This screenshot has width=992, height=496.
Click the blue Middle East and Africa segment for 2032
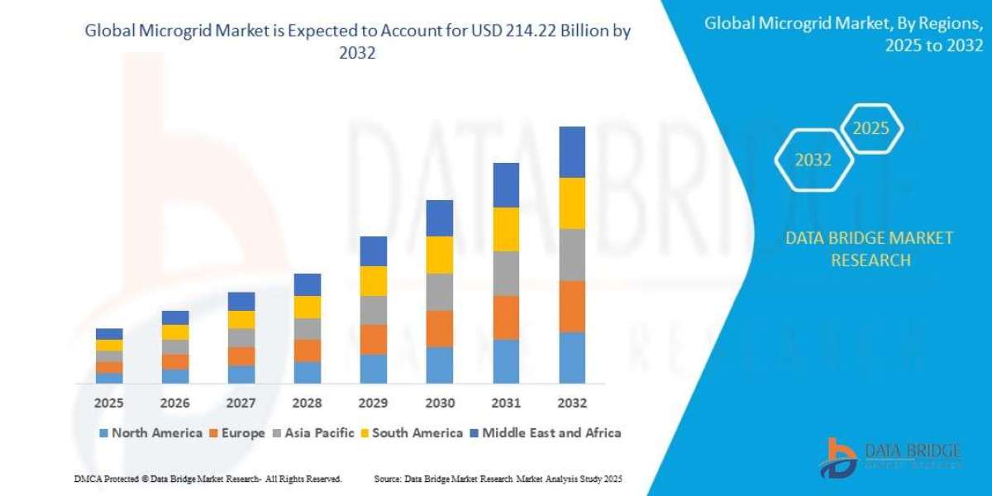pos(572,152)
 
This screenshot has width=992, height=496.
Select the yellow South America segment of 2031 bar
pos(506,229)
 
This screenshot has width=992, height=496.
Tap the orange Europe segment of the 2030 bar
pos(440,328)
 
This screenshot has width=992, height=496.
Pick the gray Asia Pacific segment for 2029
pos(374,310)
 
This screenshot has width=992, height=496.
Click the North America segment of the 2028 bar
pos(308,372)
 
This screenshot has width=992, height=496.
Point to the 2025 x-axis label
pos(109,403)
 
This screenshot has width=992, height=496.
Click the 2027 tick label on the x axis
pos(241,403)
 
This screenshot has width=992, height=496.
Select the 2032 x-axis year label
pos(572,403)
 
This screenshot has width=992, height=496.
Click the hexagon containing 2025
pos(870,128)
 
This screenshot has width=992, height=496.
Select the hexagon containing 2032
pos(813,160)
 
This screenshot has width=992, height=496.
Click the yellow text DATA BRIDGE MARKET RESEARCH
pos(868,249)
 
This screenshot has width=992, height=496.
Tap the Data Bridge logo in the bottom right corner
pos(891,456)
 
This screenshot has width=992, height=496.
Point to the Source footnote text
pos(498,479)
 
